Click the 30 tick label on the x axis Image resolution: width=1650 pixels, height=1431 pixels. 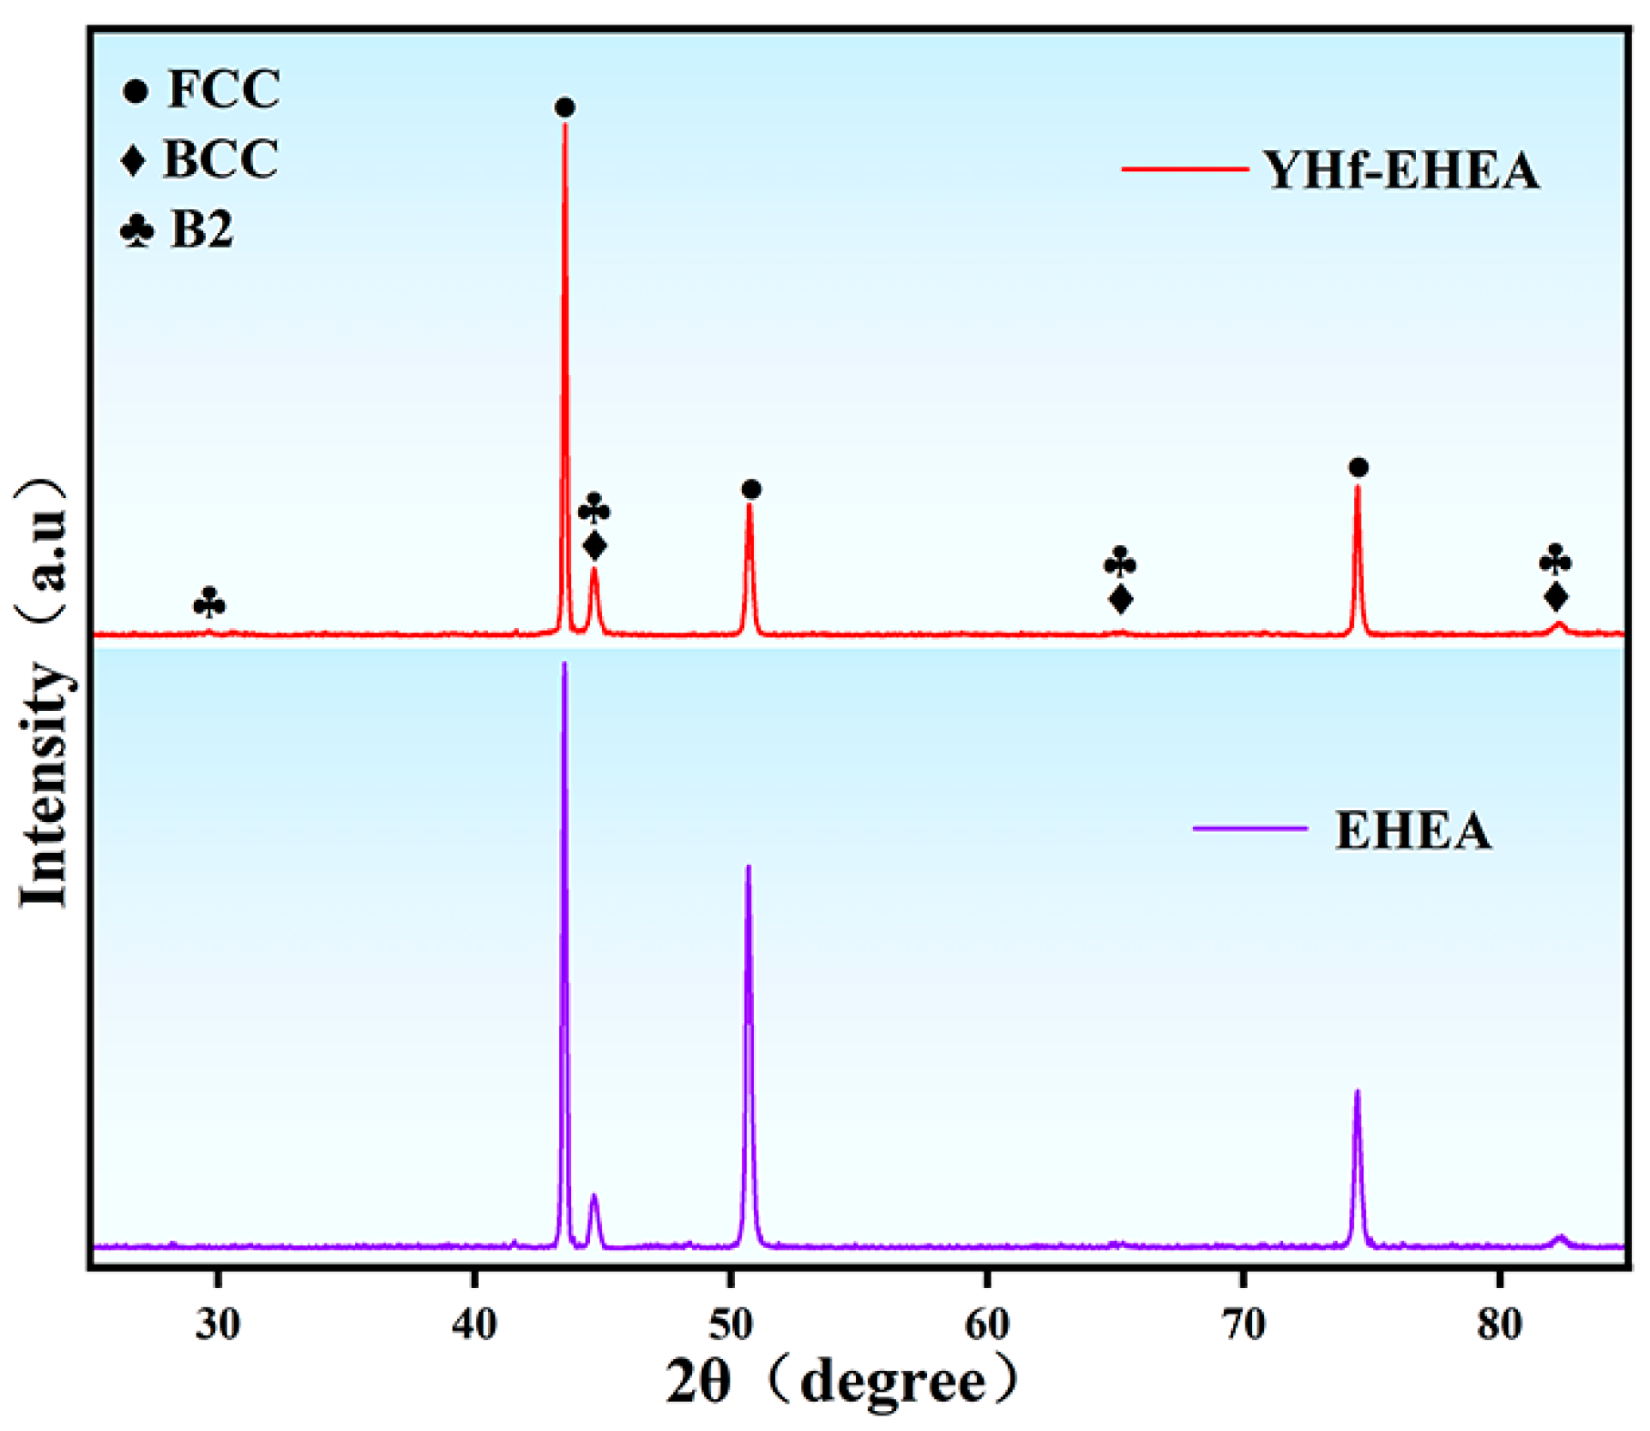(218, 1324)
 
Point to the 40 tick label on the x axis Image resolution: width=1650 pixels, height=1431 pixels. (474, 1324)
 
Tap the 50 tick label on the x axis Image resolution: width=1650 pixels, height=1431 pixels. (730, 1324)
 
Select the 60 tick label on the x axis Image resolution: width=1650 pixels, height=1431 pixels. (987, 1324)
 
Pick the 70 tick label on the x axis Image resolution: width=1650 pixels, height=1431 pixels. (1244, 1324)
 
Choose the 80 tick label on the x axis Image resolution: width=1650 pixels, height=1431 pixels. (1500, 1324)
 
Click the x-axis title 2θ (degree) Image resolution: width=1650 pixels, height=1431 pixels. (842, 1383)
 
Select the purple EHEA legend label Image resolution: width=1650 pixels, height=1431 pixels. (1412, 830)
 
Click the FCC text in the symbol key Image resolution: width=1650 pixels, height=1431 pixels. (223, 89)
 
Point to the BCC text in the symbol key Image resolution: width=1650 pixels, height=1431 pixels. (220, 159)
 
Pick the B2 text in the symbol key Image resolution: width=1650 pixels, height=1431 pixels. (202, 229)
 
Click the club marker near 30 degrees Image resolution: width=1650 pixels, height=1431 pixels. (209, 603)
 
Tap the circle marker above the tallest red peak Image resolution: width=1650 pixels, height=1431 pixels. (565, 108)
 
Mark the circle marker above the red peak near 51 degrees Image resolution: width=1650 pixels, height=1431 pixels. (751, 490)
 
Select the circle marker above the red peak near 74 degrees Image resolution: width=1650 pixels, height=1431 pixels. (1359, 468)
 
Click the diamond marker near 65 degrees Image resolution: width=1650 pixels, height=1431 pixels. (1121, 599)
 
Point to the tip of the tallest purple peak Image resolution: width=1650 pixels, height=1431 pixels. (565, 665)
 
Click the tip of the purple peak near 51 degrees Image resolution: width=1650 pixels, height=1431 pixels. (749, 867)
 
